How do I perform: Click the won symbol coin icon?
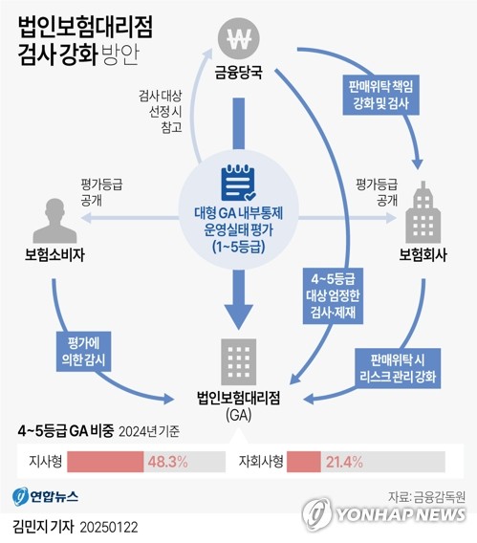click(x=239, y=37)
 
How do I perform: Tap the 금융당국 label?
click(x=239, y=73)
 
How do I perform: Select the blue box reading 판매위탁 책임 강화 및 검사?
click(x=380, y=95)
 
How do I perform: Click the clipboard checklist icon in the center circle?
click(x=239, y=183)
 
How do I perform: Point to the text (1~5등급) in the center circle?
click(x=239, y=247)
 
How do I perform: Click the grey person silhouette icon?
click(x=54, y=221)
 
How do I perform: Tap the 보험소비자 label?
click(x=54, y=255)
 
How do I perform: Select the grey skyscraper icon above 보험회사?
click(x=423, y=212)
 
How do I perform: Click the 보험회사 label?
click(x=423, y=255)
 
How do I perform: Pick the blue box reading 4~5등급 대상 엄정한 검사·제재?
click(x=333, y=295)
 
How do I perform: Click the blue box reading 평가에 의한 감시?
click(x=83, y=352)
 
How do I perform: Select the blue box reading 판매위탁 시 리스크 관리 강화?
click(x=398, y=368)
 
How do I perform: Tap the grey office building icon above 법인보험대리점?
click(x=239, y=361)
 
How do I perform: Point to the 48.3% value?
click(x=168, y=462)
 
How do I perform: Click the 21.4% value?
click(x=344, y=462)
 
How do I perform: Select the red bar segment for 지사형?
click(x=105, y=462)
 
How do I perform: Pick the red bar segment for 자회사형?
click(x=304, y=462)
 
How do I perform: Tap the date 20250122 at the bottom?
click(x=109, y=528)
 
